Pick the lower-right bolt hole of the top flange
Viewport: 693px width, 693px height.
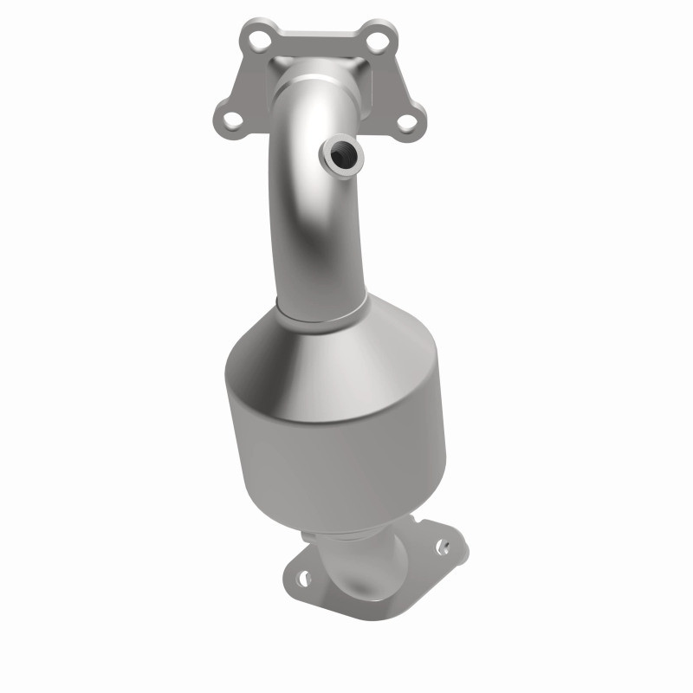click(405, 120)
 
